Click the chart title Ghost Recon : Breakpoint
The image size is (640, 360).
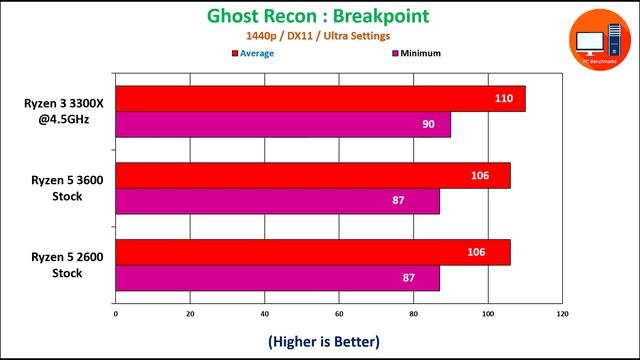[x=318, y=16]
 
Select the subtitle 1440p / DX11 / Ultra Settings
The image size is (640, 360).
[x=318, y=37]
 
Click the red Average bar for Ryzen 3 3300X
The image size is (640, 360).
[x=320, y=99]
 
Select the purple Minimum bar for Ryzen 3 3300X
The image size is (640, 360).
[x=283, y=124]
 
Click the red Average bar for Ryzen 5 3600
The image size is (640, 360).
[x=313, y=175]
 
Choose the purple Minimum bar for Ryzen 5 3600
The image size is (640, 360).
[x=277, y=201]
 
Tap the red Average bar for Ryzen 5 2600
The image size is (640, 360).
[x=313, y=252]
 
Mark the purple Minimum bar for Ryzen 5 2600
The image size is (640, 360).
[x=277, y=278]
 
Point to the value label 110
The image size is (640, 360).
[x=503, y=99]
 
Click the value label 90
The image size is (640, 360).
[x=428, y=124]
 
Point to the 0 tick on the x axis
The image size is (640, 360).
[x=116, y=315]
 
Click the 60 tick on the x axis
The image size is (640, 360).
[x=339, y=315]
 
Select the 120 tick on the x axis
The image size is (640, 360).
[x=562, y=315]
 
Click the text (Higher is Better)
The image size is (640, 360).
[x=323, y=341]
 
